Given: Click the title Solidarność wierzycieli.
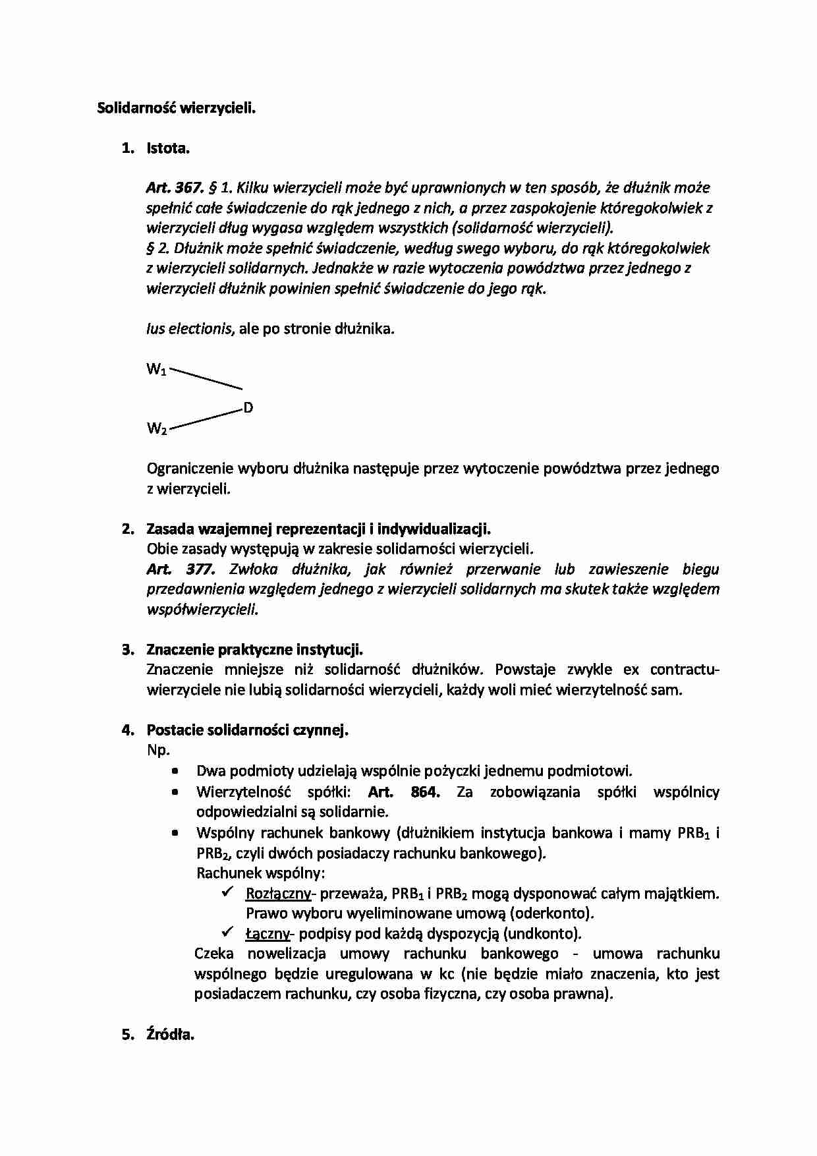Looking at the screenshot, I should point(176,109).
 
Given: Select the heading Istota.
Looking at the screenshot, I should point(167,148).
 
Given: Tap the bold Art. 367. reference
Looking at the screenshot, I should point(174,188).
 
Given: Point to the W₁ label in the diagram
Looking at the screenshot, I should point(156,370).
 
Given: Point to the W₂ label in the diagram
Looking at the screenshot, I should point(156,429).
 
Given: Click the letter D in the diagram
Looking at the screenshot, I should point(248,408).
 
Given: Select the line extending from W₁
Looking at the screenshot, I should point(206,378).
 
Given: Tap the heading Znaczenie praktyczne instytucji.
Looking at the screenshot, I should point(254,650).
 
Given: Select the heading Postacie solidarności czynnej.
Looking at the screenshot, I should point(247,730).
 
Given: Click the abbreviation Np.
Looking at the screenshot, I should point(158,750).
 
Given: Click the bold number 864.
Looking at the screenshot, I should point(424,792).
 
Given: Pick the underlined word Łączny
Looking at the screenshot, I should point(268,934).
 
